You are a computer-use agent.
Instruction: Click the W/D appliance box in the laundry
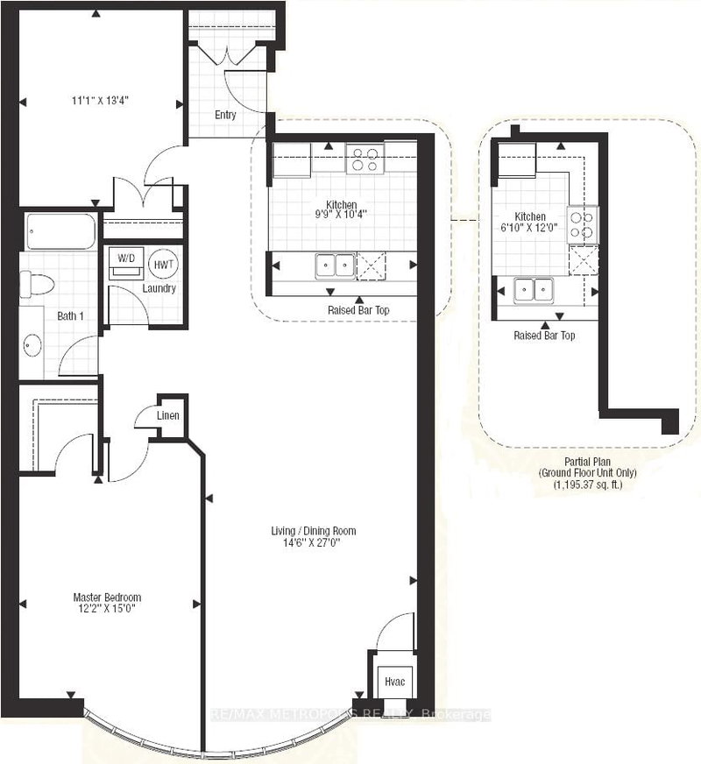coord(127,263)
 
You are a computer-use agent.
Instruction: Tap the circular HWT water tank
coord(163,263)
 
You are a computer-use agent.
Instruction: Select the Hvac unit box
coord(391,680)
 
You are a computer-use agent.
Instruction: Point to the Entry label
coord(226,115)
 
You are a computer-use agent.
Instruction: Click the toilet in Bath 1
coord(38,283)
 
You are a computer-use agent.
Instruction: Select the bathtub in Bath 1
coord(60,232)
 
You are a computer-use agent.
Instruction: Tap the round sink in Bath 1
coord(32,345)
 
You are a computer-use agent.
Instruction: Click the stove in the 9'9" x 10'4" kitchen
coord(365,159)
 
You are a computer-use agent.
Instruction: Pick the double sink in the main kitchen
coord(336,265)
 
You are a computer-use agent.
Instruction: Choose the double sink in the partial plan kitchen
coord(534,288)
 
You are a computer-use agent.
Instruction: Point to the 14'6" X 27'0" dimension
coord(313,542)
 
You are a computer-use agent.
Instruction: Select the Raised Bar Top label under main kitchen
coord(359,310)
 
